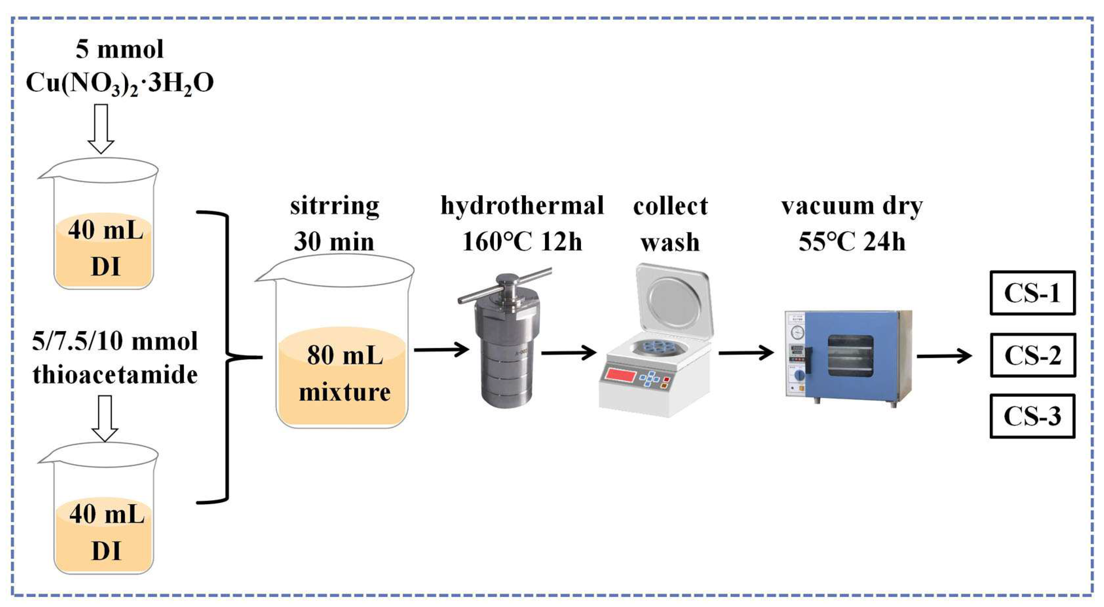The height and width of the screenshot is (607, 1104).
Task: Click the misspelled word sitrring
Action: pyautogui.click(x=334, y=206)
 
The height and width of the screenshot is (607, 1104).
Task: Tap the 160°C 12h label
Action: pyautogui.click(x=522, y=241)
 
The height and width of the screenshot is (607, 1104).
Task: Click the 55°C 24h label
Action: pyautogui.click(x=852, y=241)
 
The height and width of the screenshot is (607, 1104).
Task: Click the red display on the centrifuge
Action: pyautogui.click(x=620, y=376)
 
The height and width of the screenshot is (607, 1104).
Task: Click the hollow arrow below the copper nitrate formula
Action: pyautogui.click(x=101, y=129)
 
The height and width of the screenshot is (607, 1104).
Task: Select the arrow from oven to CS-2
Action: pyautogui.click(x=944, y=356)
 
